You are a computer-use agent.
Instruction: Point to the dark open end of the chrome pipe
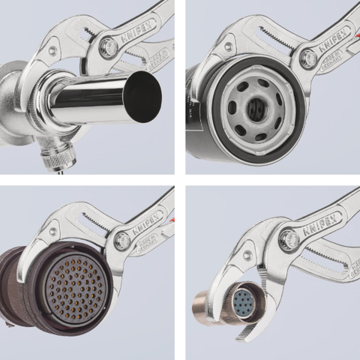[143, 97]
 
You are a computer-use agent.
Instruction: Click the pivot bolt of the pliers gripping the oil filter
[307, 58]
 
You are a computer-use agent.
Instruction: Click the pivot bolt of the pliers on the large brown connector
[122, 241]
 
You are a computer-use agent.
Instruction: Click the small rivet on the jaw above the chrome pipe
[52, 50]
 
